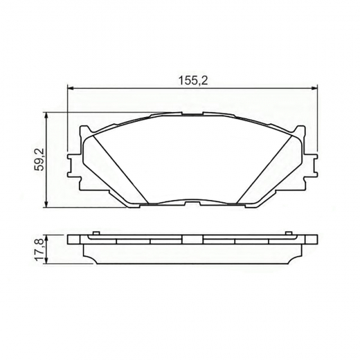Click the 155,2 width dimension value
tap(194, 80)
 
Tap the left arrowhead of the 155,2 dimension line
tap(70, 87)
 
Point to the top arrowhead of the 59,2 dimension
tap(47, 115)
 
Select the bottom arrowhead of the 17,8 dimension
tap(47, 262)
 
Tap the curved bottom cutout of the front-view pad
tap(192, 201)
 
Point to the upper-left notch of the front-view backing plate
tap(84, 129)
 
